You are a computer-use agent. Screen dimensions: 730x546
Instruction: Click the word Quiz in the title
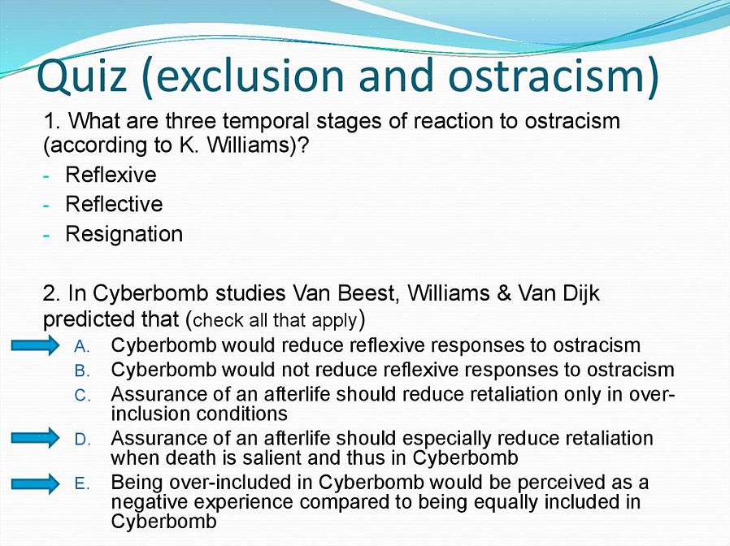(x=82, y=77)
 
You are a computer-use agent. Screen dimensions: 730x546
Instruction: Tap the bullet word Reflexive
(x=111, y=175)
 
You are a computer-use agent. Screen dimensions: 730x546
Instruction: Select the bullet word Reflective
(x=114, y=204)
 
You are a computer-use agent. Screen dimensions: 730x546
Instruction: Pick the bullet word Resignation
(x=124, y=234)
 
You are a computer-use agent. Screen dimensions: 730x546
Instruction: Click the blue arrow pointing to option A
(x=36, y=345)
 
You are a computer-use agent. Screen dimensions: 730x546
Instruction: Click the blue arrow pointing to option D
(x=36, y=438)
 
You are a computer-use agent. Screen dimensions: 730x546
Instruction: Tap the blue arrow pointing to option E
(x=36, y=483)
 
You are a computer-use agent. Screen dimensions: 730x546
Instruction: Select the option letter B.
(x=81, y=371)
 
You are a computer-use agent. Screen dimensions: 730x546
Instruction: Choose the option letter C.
(x=81, y=396)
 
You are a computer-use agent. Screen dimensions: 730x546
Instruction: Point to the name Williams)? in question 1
(x=258, y=145)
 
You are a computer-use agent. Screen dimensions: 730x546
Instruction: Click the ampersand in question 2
(x=503, y=293)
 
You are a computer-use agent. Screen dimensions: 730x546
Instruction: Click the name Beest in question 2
(x=368, y=293)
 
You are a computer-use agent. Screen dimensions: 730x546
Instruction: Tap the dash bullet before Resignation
(x=46, y=235)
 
